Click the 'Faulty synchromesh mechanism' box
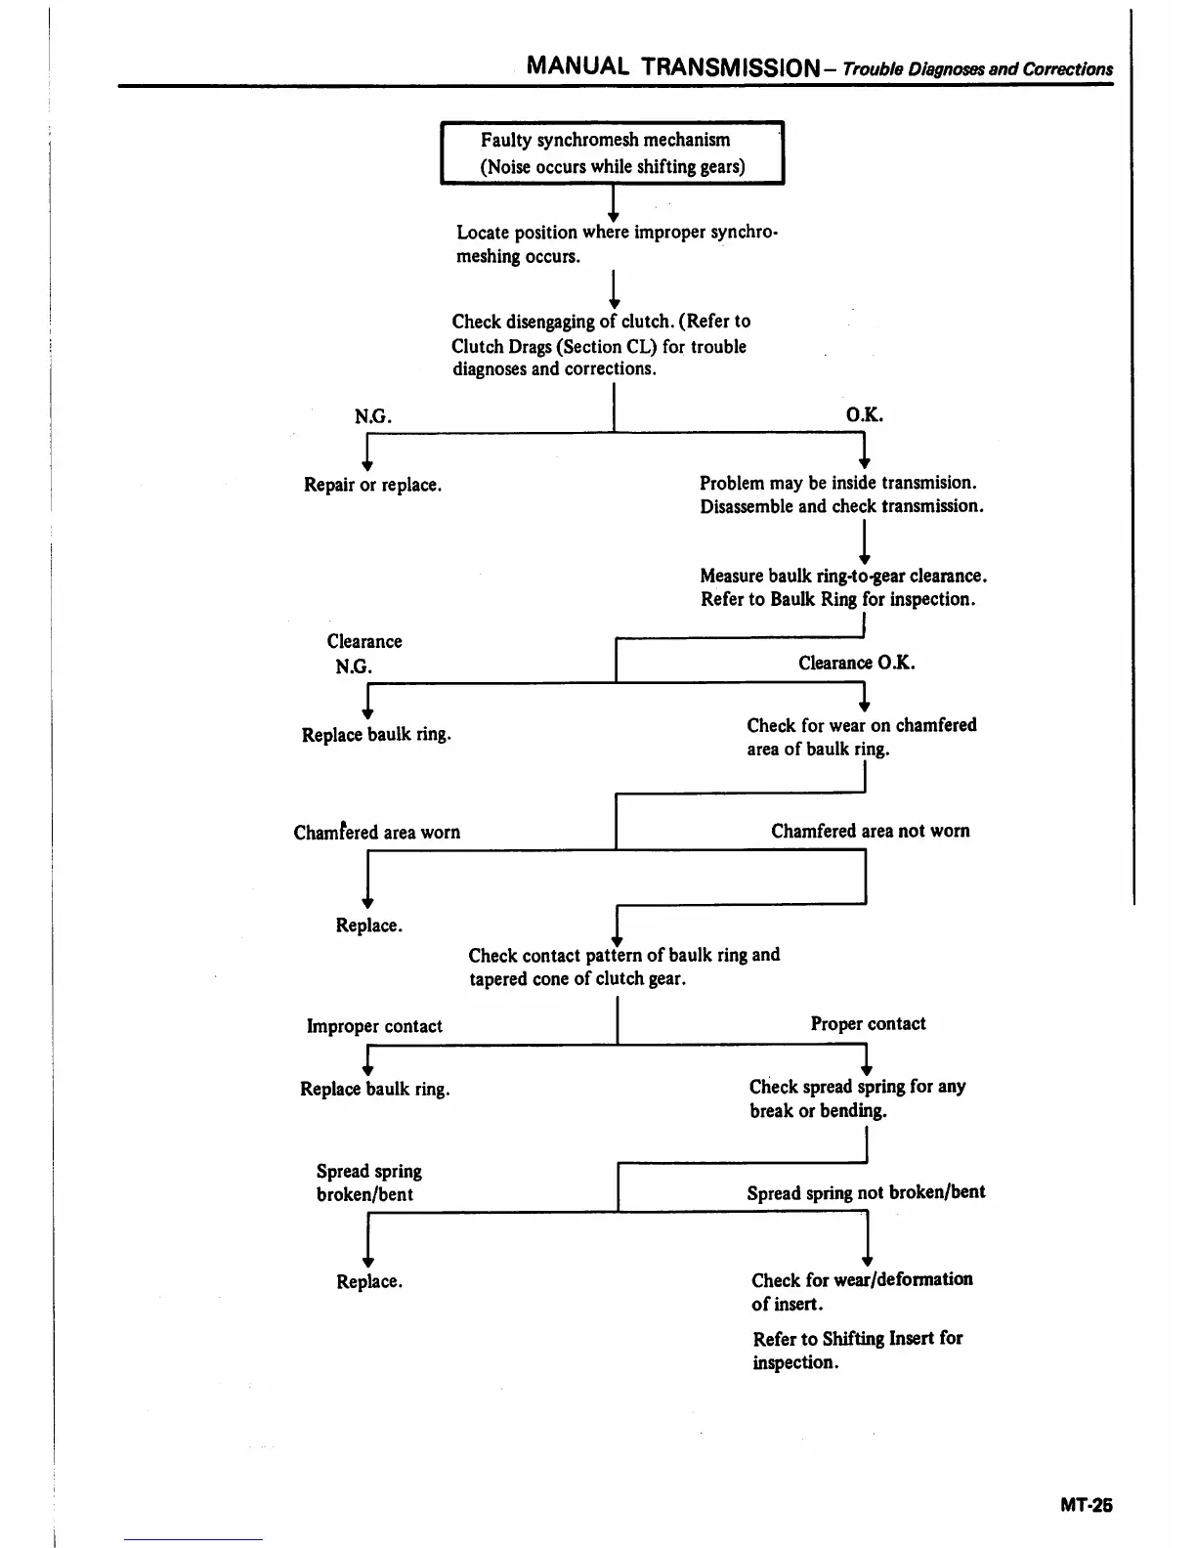point(612,152)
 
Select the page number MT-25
point(1086,1505)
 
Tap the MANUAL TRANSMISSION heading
point(671,66)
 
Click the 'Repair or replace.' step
point(372,485)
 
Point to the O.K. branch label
point(864,414)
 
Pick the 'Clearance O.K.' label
point(857,663)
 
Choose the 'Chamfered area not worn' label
point(870,831)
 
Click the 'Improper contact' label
point(374,1026)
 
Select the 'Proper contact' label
point(868,1023)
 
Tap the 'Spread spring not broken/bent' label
point(866,1192)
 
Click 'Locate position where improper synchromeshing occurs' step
point(617,244)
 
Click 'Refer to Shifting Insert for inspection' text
point(857,1350)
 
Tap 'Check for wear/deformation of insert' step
point(861,1291)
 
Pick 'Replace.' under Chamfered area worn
point(368,925)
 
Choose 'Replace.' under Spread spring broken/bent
point(369,1281)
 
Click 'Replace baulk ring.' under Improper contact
point(374,1089)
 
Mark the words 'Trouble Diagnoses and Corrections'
point(977,69)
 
